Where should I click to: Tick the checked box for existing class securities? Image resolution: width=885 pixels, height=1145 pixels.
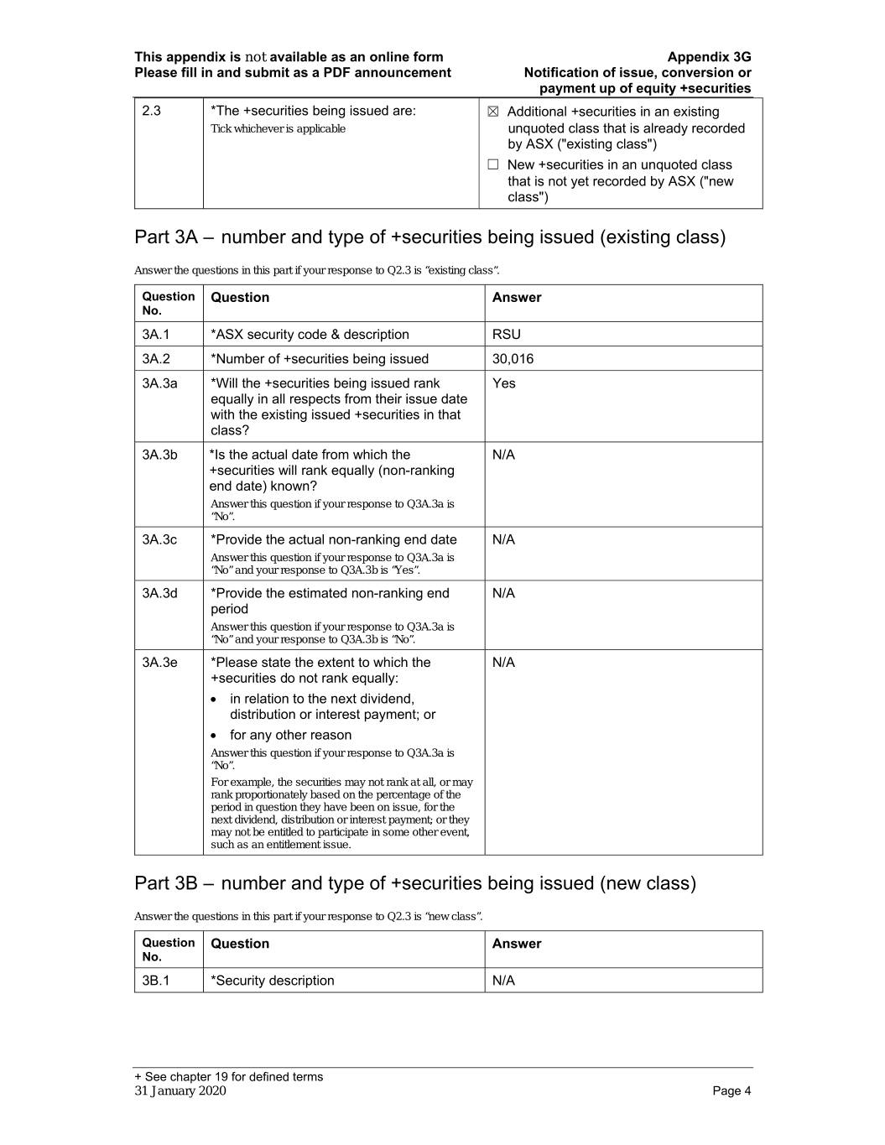(493, 112)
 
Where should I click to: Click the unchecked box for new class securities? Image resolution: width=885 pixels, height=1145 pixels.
(493, 165)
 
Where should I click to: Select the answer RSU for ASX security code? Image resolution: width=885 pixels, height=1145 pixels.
(507, 334)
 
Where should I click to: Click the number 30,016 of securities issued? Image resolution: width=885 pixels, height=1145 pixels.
(513, 359)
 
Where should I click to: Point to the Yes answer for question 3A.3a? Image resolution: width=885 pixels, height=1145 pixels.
(504, 383)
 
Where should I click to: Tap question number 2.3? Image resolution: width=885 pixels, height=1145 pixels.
(151, 111)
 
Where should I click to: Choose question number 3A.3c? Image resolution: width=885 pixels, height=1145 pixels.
(159, 539)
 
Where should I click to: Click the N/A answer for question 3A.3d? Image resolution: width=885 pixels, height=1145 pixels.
(503, 593)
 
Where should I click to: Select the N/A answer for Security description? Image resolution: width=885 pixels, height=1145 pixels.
(503, 981)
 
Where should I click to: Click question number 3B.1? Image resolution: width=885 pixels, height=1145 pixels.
(155, 981)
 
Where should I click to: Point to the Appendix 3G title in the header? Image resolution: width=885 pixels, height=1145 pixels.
(709, 57)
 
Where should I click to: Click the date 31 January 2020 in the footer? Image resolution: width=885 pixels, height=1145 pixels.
(180, 1090)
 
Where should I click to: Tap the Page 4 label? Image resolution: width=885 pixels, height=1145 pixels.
(731, 1090)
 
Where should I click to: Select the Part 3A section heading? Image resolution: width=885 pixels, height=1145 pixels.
(429, 237)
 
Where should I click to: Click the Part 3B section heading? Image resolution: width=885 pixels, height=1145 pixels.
(414, 883)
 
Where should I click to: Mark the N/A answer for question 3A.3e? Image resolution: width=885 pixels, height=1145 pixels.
(503, 663)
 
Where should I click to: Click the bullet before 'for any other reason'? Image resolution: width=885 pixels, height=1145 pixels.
(216, 736)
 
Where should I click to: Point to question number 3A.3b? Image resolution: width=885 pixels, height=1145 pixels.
(159, 455)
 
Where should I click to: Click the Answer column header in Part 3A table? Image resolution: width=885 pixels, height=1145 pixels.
(517, 298)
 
